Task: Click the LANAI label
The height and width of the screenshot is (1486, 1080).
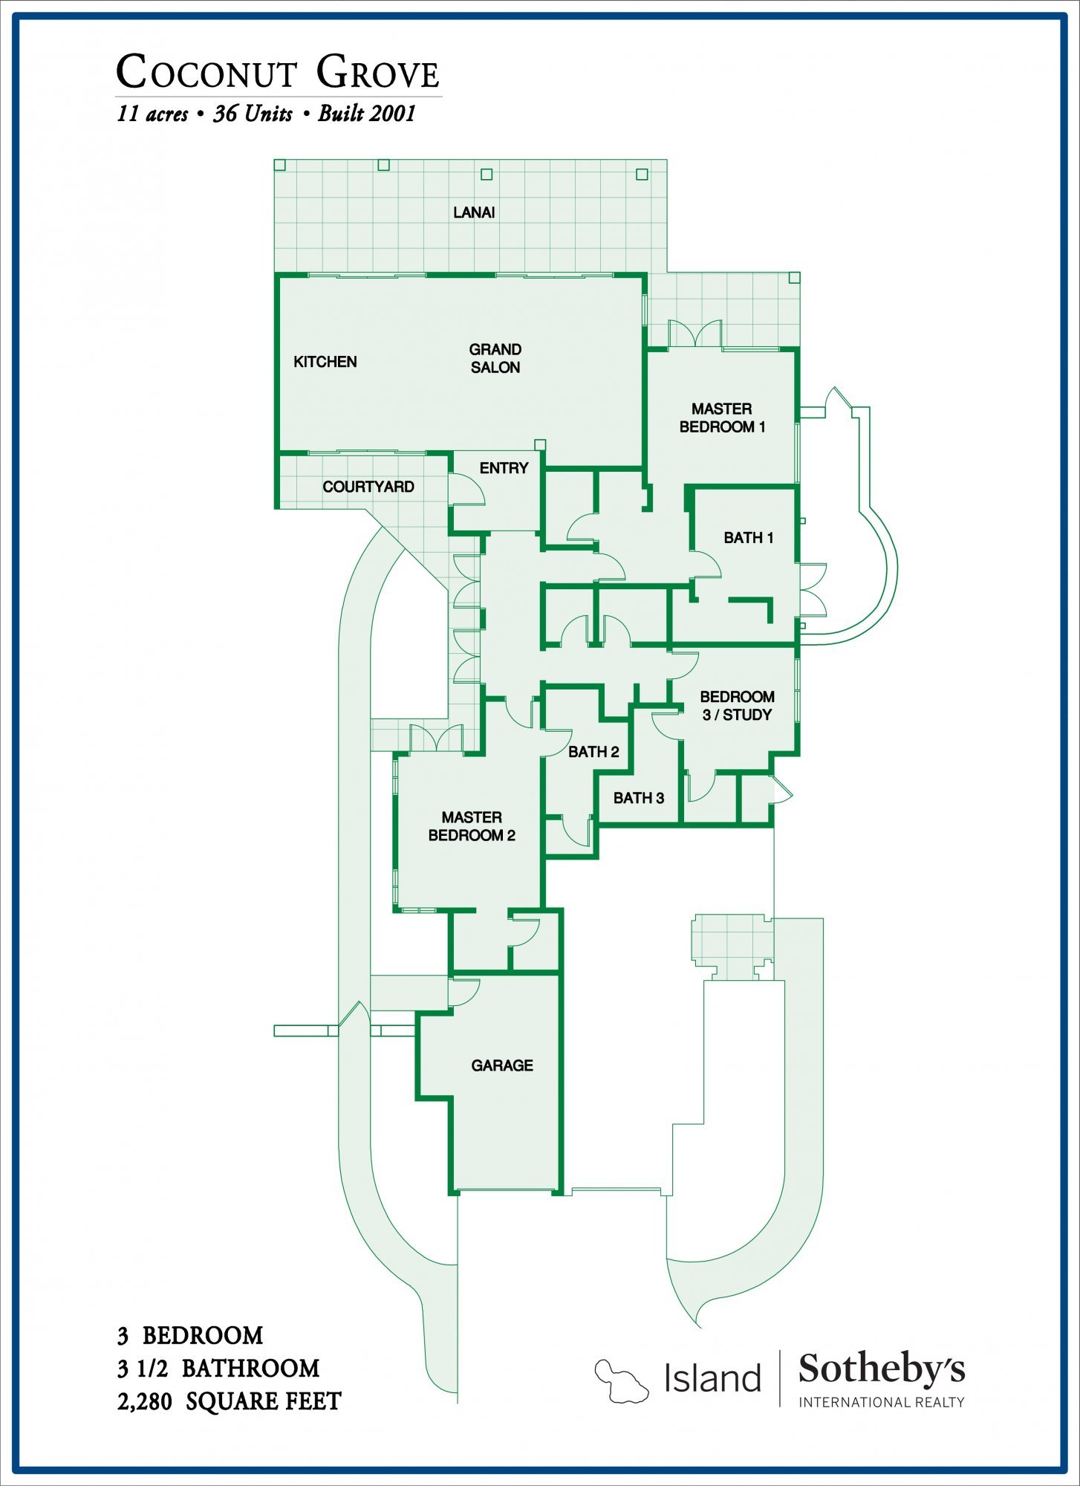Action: tap(474, 212)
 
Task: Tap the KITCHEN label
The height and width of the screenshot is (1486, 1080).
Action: tap(325, 362)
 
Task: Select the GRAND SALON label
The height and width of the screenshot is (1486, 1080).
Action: tap(495, 358)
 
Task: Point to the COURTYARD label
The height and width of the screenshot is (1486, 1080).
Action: tap(368, 487)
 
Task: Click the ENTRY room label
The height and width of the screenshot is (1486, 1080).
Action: tap(504, 468)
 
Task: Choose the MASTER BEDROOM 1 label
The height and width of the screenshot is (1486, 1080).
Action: tap(722, 418)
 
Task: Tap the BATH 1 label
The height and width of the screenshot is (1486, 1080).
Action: tap(749, 538)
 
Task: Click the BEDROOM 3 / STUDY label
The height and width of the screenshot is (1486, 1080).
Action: tap(737, 706)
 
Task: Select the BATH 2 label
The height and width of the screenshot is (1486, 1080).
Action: tap(593, 752)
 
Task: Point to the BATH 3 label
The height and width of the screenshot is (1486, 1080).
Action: tap(639, 798)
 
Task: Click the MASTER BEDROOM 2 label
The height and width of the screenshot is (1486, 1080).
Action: tap(472, 826)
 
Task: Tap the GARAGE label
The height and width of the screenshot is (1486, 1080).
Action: tap(502, 1065)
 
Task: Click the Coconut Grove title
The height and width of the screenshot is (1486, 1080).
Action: tap(278, 72)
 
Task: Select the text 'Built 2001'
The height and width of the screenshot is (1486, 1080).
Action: tap(366, 114)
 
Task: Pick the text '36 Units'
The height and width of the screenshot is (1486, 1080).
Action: tap(253, 114)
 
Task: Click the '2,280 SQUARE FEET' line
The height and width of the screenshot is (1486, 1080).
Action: tap(229, 1401)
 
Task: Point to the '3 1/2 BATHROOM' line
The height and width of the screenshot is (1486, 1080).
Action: tap(218, 1368)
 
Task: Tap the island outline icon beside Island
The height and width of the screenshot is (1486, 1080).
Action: tap(621, 1380)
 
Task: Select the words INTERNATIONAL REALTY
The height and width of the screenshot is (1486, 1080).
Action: tap(882, 1402)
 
